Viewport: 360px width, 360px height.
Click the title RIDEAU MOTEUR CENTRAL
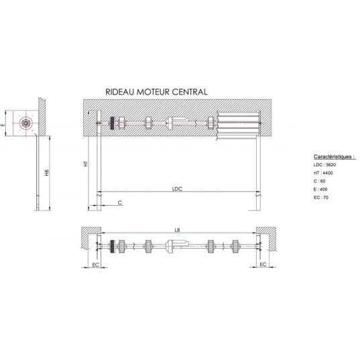(x=156, y=92)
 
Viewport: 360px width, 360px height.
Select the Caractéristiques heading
(x=335, y=157)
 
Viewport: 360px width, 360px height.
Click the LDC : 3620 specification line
(x=324, y=165)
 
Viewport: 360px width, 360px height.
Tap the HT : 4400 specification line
(x=323, y=173)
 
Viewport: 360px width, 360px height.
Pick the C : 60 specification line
(x=319, y=181)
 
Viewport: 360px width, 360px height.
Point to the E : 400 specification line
(x=320, y=190)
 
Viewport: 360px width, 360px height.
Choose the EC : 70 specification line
(x=321, y=198)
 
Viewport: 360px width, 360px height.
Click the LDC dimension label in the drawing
(x=177, y=189)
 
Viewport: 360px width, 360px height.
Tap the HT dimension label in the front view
(x=86, y=164)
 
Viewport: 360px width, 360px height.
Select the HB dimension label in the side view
(x=47, y=173)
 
